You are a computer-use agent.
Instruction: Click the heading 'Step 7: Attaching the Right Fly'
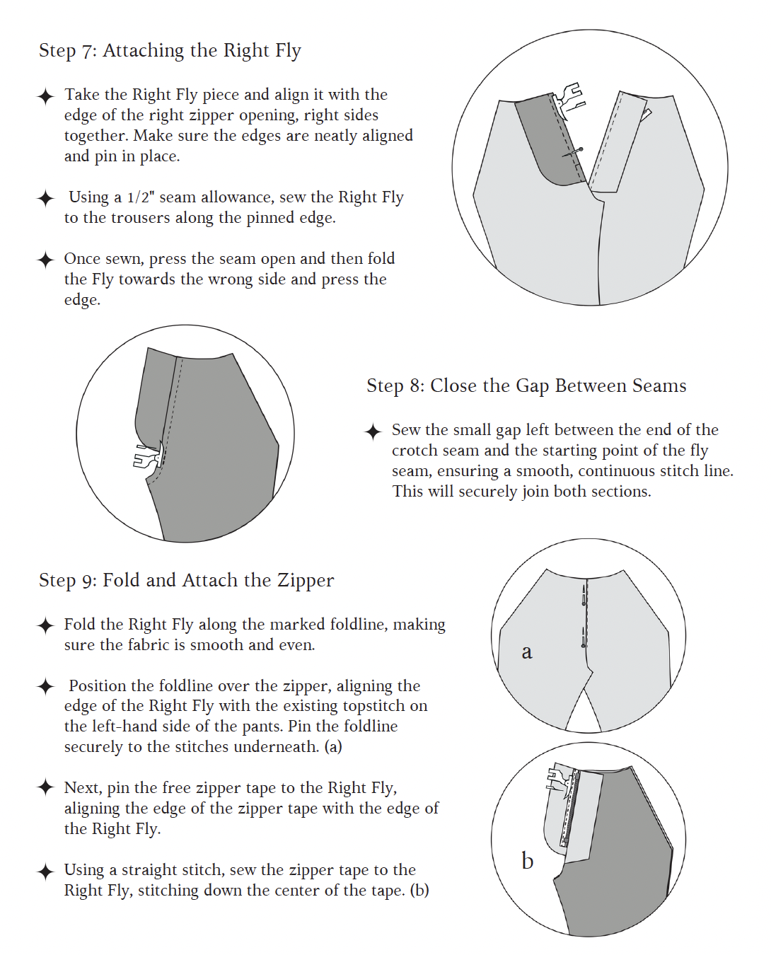pyautogui.click(x=170, y=50)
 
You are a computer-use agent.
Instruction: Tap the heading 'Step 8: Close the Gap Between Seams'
pyautogui.click(x=526, y=386)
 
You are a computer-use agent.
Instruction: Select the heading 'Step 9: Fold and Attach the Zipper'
pyautogui.click(x=187, y=580)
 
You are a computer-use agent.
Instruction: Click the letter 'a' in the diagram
pyautogui.click(x=527, y=652)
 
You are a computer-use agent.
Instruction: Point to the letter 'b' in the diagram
pyautogui.click(x=527, y=860)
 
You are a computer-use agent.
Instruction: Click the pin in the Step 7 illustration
pyautogui.click(x=573, y=152)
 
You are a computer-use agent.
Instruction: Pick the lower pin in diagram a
pyautogui.click(x=583, y=637)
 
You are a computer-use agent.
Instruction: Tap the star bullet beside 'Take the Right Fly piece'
pyautogui.click(x=45, y=96)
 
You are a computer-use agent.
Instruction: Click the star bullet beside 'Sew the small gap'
pyautogui.click(x=373, y=432)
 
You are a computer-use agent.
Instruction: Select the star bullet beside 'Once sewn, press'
pyautogui.click(x=45, y=260)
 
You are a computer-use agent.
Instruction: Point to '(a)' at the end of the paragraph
pyautogui.click(x=333, y=747)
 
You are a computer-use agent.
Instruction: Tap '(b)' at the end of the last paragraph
pyautogui.click(x=419, y=890)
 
